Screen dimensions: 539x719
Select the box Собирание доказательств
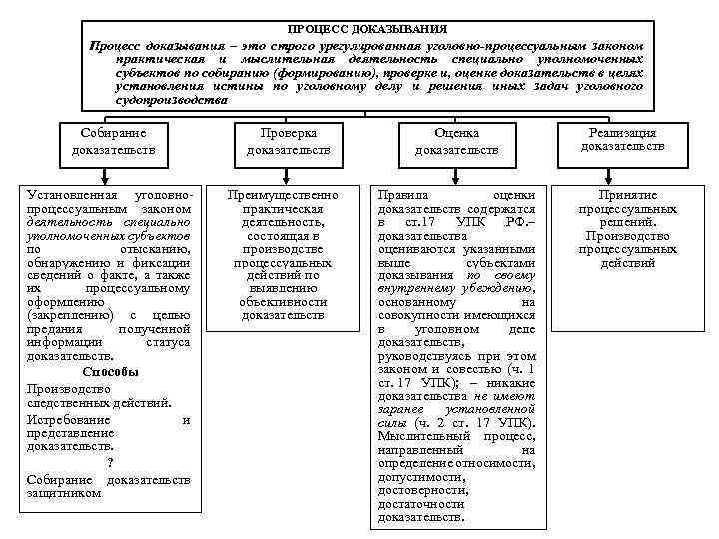(x=113, y=141)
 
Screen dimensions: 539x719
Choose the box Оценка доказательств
(x=456, y=141)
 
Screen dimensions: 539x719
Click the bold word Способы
(x=111, y=371)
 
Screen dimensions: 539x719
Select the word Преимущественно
(x=283, y=194)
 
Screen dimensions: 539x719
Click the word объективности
(x=283, y=300)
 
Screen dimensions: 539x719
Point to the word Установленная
(x=71, y=194)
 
